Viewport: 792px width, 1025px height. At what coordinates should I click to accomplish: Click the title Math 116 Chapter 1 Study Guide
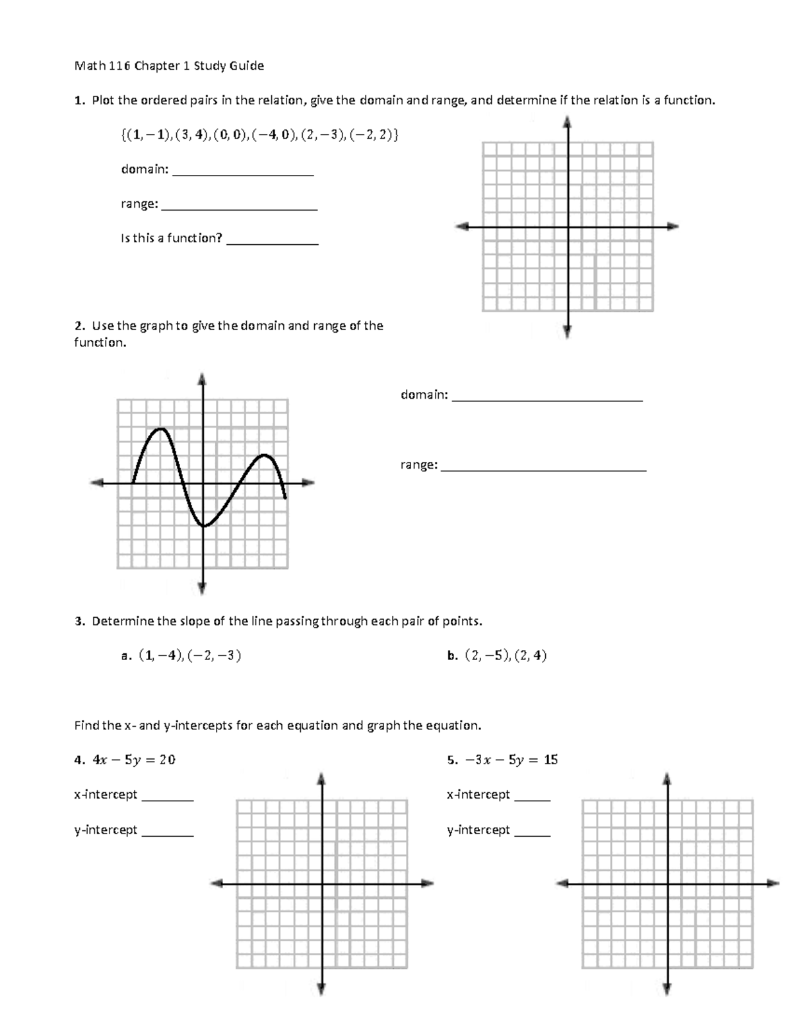[x=169, y=65]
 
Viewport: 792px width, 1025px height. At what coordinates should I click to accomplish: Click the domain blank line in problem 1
[x=242, y=174]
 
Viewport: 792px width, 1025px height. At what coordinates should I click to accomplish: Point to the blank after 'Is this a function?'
[x=272, y=244]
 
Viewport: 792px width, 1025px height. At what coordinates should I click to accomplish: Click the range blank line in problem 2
[x=543, y=470]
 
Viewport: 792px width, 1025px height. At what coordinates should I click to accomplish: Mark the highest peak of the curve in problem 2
[x=160, y=430]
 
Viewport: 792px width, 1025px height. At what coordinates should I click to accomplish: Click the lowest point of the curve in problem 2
[x=204, y=526]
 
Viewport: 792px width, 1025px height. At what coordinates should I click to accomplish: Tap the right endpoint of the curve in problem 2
[x=285, y=498]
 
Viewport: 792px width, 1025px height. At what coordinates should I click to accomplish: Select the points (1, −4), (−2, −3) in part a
[x=189, y=655]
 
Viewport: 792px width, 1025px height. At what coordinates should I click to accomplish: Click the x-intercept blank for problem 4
[x=168, y=799]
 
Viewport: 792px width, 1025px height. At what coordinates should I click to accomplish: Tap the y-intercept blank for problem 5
[x=532, y=835]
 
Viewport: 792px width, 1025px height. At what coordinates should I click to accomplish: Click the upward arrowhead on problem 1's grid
[x=568, y=122]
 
